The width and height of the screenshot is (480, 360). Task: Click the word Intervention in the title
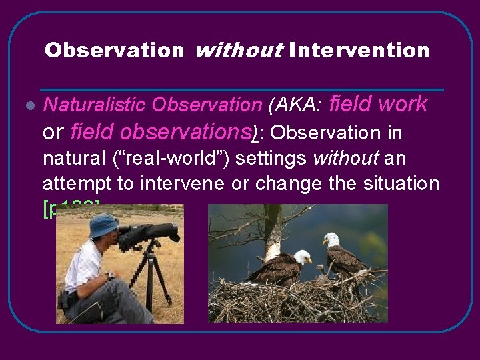tap(359, 51)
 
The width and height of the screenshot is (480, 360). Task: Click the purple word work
tap(402, 104)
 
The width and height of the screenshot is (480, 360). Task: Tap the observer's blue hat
tap(104, 225)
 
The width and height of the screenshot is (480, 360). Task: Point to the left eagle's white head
tap(302, 256)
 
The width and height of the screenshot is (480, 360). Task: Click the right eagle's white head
tap(331, 239)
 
